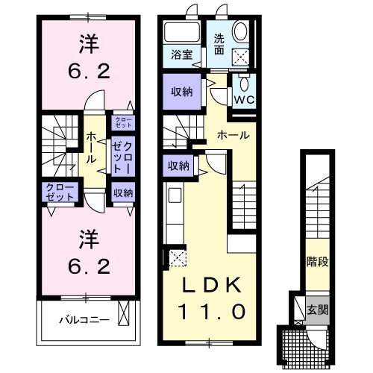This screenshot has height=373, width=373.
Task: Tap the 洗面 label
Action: point(219,45)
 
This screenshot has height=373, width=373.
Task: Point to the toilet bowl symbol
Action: point(241,32)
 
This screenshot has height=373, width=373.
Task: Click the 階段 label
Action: point(318,263)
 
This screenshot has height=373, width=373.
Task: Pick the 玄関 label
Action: point(317,308)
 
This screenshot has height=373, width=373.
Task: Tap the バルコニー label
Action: point(84,321)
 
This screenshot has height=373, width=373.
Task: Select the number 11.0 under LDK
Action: point(209,310)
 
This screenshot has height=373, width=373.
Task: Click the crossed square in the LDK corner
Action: point(176,258)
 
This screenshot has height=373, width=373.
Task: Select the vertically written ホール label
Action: point(91,147)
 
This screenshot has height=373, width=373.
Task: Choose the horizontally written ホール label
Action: point(232,135)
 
